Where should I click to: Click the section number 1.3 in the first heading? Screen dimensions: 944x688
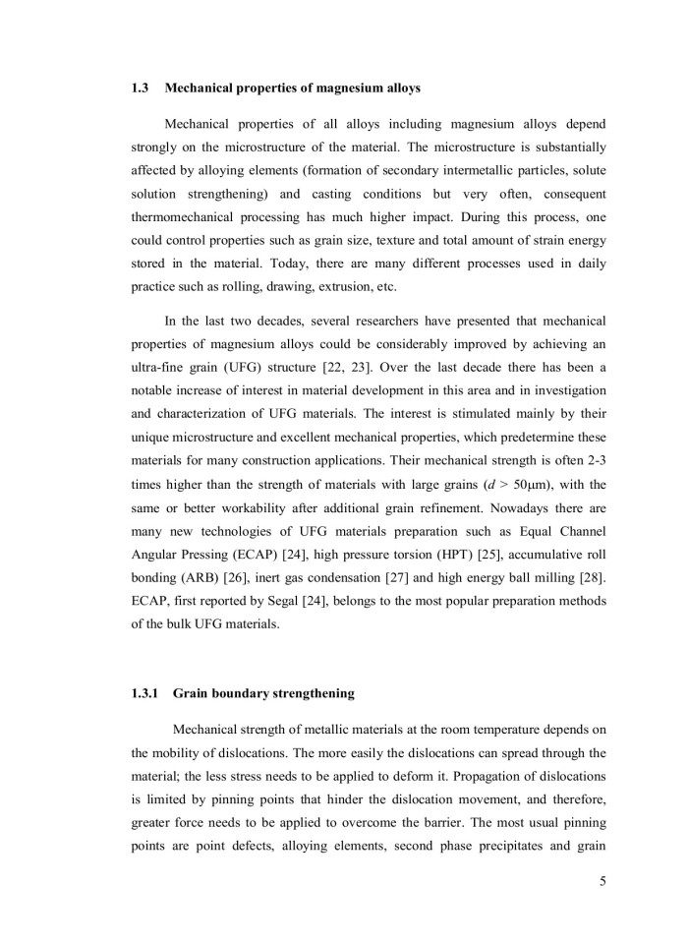tap(139, 88)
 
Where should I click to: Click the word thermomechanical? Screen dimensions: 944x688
tap(189, 215)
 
